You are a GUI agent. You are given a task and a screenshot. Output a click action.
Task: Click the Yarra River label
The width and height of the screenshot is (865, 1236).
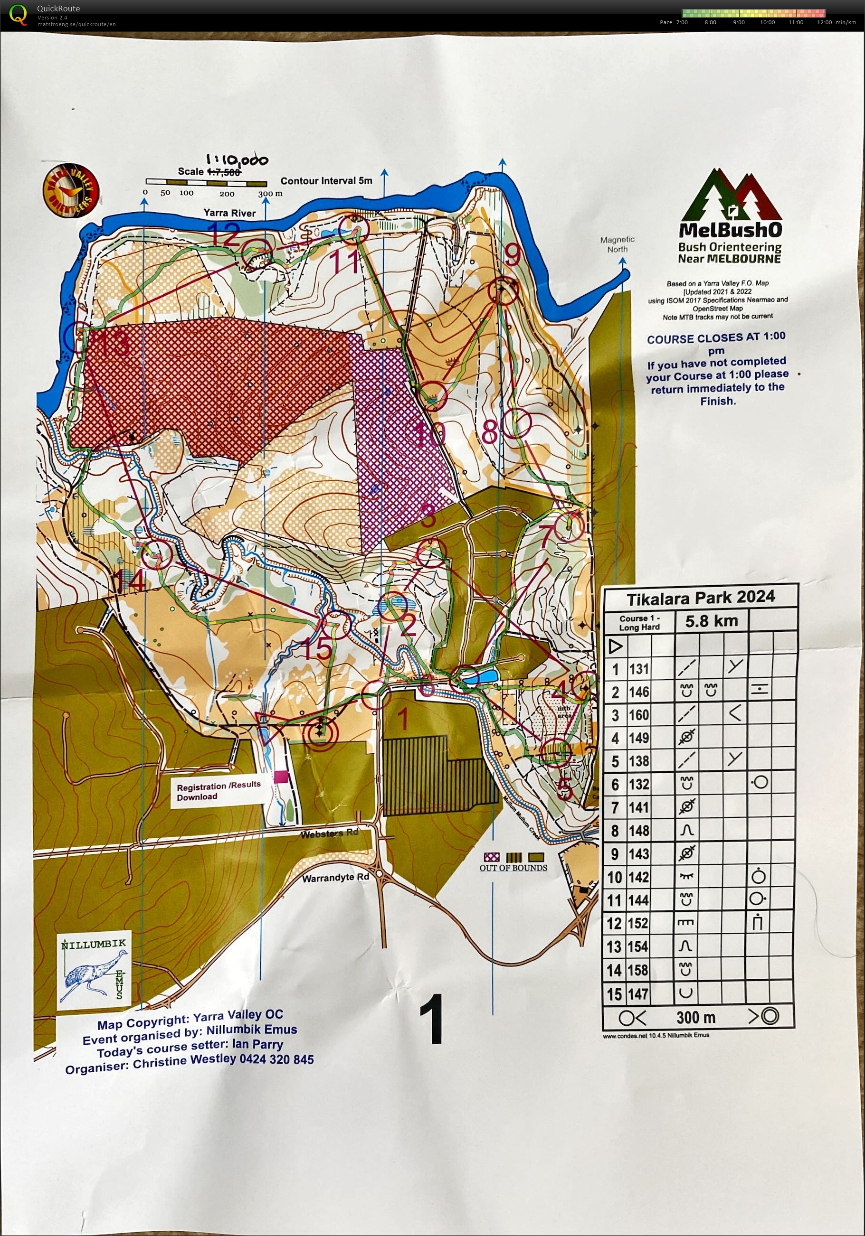[x=229, y=213]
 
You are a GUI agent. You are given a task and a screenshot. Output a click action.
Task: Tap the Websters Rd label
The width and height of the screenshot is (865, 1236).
[x=330, y=834]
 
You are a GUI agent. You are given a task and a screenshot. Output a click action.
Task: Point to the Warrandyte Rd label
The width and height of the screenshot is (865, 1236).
[x=335, y=878]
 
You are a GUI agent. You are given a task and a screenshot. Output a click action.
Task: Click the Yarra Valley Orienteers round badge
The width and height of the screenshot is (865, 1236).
[x=71, y=190]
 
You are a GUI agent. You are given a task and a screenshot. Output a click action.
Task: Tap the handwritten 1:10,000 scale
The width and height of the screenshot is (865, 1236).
[x=237, y=160]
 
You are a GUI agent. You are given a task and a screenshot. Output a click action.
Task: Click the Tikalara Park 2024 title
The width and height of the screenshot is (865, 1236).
[x=700, y=598]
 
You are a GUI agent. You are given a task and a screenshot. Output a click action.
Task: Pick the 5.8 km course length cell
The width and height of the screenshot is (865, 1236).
[x=711, y=621]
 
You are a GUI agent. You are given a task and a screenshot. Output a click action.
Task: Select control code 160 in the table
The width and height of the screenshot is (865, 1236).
[x=639, y=715]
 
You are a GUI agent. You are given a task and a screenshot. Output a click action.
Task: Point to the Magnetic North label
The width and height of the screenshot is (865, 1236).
[x=617, y=244]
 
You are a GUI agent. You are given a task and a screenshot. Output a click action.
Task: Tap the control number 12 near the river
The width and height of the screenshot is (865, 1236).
[x=224, y=234]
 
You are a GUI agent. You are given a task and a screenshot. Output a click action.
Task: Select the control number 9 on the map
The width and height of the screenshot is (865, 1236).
[x=512, y=254]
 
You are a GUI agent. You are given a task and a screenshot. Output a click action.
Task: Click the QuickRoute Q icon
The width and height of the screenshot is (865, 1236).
[x=18, y=15]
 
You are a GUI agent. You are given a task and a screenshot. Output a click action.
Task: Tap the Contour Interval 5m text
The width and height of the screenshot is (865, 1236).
[x=326, y=181]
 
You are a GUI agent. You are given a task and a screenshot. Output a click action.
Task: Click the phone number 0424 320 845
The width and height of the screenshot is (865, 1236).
[x=277, y=1060]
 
